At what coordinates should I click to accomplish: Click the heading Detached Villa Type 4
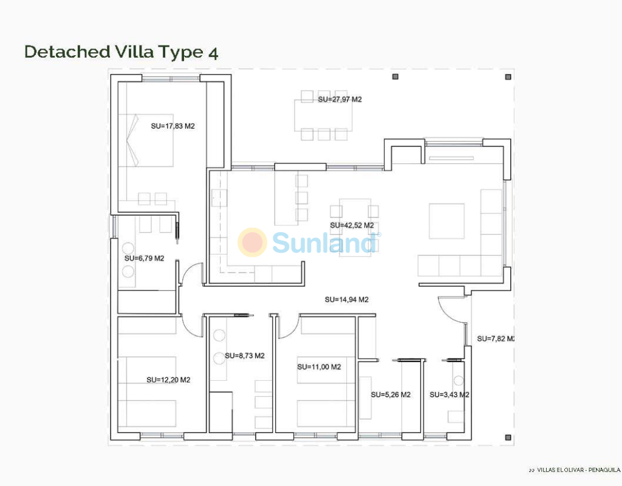tap(121, 52)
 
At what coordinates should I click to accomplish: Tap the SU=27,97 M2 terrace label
tap(340, 99)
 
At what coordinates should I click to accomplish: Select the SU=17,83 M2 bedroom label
tap(173, 126)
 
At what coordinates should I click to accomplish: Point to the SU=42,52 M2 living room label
tap(352, 225)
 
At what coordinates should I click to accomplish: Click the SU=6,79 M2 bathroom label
tap(144, 258)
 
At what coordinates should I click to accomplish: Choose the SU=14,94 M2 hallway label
tap(347, 299)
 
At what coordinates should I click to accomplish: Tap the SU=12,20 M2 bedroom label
tap(168, 380)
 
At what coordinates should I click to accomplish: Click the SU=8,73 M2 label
tap(245, 355)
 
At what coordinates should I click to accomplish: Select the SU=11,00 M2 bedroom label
tap(320, 367)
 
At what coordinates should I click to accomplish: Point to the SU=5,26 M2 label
tap(391, 395)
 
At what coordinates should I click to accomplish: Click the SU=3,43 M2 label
tap(449, 395)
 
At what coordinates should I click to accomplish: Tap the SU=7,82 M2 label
tap(496, 338)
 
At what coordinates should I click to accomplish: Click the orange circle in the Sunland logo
tap(252, 242)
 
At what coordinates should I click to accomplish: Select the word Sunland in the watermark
tap(324, 243)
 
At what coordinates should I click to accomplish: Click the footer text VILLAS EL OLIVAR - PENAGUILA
tap(579, 470)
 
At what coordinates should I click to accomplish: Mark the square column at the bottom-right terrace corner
tap(508, 437)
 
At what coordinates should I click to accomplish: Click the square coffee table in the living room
tap(446, 221)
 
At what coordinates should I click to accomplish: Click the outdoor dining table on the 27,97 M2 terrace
tap(323, 115)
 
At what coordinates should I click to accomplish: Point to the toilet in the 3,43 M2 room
tap(458, 380)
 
